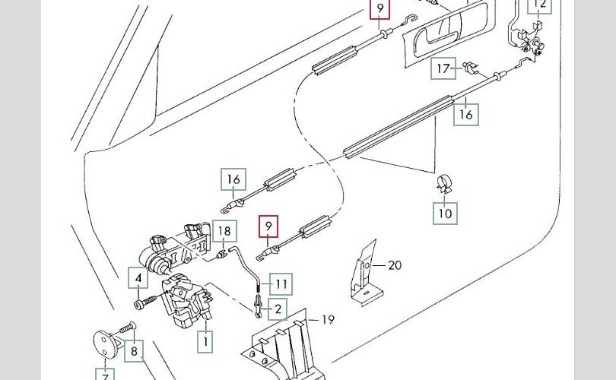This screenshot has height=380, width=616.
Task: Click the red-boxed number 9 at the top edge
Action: coord(379,10)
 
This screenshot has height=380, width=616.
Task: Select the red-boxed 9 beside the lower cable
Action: coord(268,226)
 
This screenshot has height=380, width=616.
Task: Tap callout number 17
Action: coord(444,69)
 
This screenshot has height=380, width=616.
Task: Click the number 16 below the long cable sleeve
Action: coord(465,115)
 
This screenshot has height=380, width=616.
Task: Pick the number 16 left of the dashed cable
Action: coord(233,180)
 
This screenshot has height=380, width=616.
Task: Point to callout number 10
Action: coord(446,213)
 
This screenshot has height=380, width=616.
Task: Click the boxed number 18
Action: coord(224,230)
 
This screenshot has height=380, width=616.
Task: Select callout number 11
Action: coord(281,285)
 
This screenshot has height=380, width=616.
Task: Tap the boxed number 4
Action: coord(138,279)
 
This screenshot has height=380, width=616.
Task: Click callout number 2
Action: coord(278,309)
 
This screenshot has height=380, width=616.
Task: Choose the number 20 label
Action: coord(395,265)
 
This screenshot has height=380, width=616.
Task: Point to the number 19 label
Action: coord(327,320)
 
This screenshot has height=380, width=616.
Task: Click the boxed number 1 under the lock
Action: coord(205,341)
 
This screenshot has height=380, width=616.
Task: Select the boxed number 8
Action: coord(135,351)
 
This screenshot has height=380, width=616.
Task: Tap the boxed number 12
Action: coord(540,6)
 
